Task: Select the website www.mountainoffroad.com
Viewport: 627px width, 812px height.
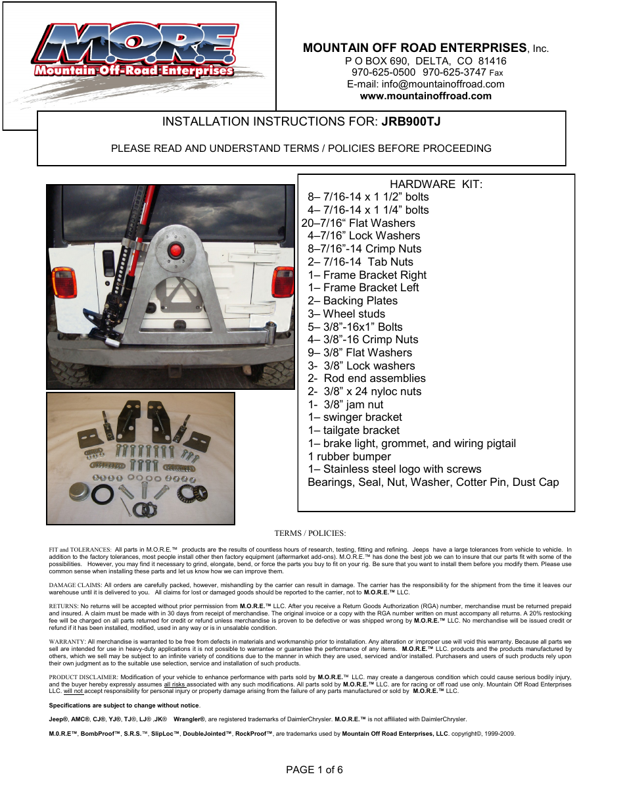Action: pyautogui.click(x=425, y=96)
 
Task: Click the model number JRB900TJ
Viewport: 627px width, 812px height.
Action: pyautogui.click(x=411, y=122)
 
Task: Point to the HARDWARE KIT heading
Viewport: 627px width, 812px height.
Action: pyautogui.click(x=436, y=184)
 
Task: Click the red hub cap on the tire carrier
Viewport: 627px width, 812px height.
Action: pyautogui.click(x=175, y=251)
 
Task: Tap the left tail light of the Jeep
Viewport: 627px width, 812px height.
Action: pyautogui.click(x=65, y=281)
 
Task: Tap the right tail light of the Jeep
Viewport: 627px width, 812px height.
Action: pyautogui.click(x=283, y=281)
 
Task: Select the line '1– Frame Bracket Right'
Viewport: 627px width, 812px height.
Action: pyautogui.click(x=367, y=275)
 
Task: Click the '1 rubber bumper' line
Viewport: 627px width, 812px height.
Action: pyautogui.click(x=349, y=456)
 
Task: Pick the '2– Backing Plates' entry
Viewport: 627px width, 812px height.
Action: pyautogui.click(x=352, y=300)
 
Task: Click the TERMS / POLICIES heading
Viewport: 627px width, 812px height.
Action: pyautogui.click(x=310, y=533)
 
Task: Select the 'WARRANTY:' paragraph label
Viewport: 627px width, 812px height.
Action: pyautogui.click(x=67, y=642)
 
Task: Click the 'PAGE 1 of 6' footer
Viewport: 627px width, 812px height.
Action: pyautogui.click(x=314, y=769)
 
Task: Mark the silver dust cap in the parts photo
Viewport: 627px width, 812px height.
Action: pyautogui.click(x=80, y=491)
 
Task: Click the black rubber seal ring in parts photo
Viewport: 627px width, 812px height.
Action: pyautogui.click(x=103, y=494)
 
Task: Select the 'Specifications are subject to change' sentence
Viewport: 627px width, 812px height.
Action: pyautogui.click(x=124, y=705)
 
